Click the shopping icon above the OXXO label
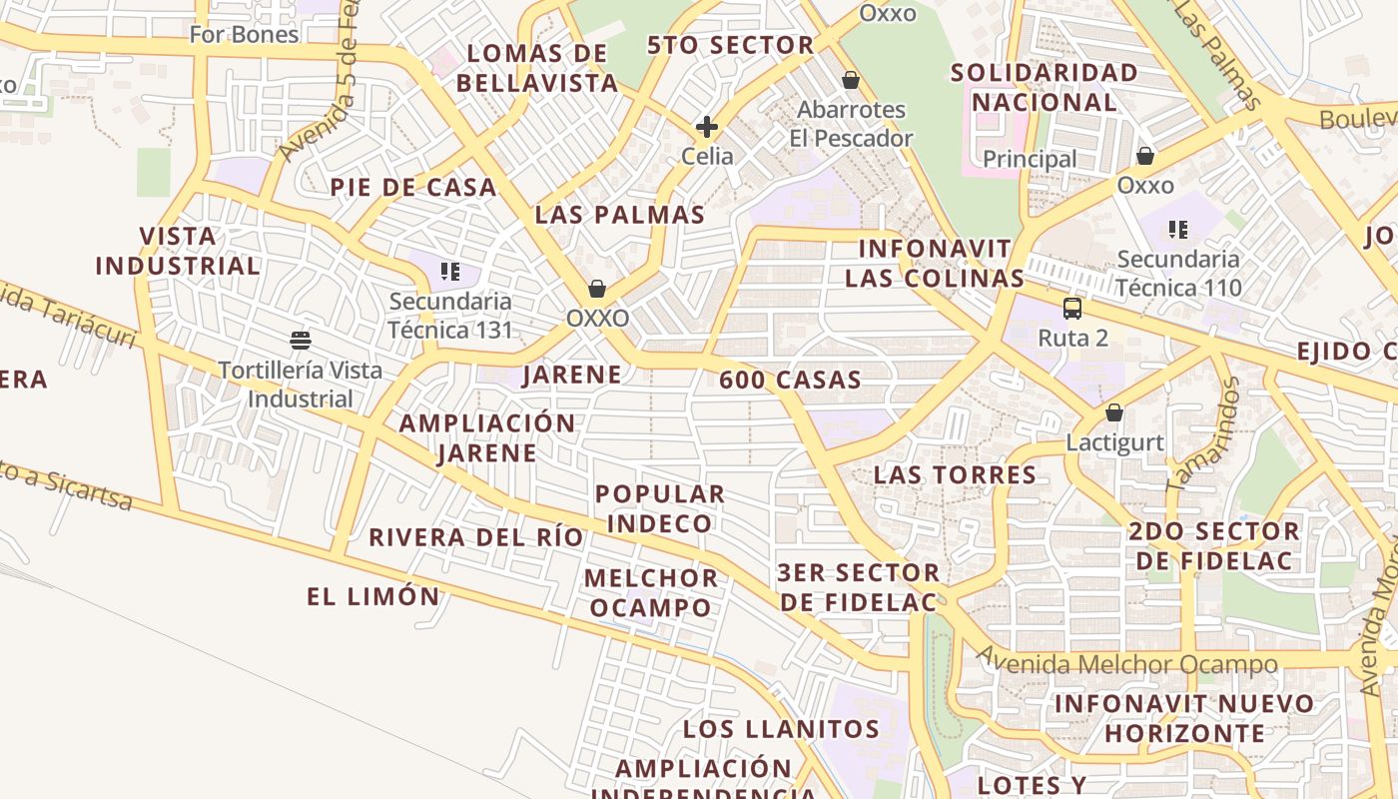[597, 289]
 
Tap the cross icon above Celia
[707, 127]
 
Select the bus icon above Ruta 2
[1072, 308]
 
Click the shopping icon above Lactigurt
[1114, 412]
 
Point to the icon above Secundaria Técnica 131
[449, 271]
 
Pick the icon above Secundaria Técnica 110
[1178, 230]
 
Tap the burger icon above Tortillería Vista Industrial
[301, 340]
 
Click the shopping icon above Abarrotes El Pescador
[851, 80]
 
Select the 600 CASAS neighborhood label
[790, 380]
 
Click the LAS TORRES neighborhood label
[955, 474]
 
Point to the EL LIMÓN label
[372, 597]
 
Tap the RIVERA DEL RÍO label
[475, 537]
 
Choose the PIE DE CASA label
[412, 187]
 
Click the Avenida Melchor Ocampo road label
[1126, 663]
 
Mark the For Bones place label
[244, 34]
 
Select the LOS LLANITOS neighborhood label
[781, 729]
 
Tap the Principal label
[1030, 159]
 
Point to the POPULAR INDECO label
[660, 508]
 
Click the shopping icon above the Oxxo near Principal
[1145, 156]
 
